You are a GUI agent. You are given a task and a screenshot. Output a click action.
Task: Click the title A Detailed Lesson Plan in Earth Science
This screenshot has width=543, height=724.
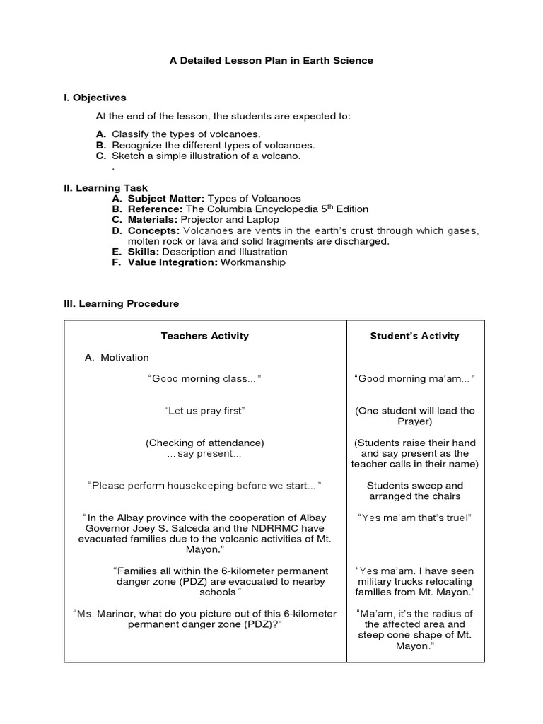(271, 61)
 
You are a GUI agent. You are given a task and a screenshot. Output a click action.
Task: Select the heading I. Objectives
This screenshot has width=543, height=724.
(95, 98)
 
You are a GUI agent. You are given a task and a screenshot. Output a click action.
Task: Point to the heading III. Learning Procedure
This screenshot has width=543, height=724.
(121, 303)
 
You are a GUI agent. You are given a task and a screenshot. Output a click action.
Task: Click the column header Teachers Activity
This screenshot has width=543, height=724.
(205, 336)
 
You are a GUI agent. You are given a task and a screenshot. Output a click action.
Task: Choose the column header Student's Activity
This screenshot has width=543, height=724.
(414, 336)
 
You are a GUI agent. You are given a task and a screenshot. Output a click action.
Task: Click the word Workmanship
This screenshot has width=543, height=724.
(253, 262)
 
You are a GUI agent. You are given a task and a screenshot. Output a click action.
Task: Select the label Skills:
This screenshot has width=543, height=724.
(144, 252)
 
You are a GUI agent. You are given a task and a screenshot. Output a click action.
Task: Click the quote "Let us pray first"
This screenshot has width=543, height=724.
(205, 410)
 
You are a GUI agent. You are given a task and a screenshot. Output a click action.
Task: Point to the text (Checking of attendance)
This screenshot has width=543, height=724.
(205, 443)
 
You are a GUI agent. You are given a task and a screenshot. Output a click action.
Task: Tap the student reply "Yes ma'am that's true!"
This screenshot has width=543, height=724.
(414, 517)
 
